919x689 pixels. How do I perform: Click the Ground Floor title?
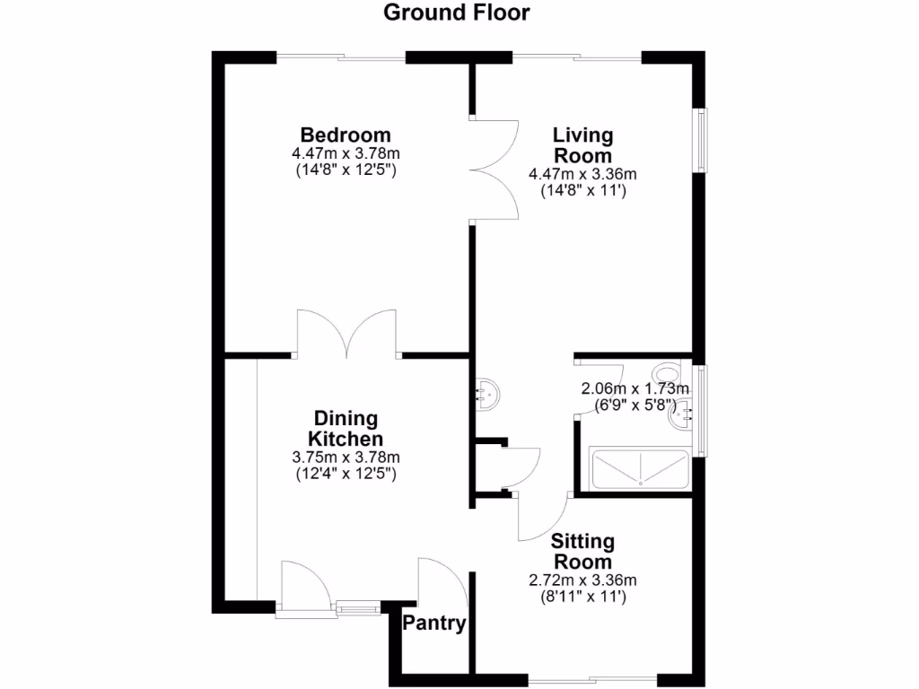pos(457,13)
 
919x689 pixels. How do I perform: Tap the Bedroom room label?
pos(346,135)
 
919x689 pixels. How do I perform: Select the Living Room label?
pos(582,145)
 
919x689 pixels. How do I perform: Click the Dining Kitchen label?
pos(346,429)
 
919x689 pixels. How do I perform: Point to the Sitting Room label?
pos(582,552)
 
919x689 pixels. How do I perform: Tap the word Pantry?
pos(434,624)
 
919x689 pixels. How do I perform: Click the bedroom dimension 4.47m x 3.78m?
pos(346,153)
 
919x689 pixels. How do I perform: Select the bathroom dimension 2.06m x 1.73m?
pos(635,388)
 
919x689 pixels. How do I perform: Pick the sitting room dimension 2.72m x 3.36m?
pos(582,580)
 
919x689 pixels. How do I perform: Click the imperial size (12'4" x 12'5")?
pos(346,474)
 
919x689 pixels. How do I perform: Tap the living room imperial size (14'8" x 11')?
pos(582,190)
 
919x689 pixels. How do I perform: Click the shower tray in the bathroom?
pos(640,469)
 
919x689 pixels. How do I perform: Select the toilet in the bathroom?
pos(667,372)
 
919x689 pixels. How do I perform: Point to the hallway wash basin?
pos(487,393)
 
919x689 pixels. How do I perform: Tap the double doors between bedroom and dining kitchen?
pos(347,334)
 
